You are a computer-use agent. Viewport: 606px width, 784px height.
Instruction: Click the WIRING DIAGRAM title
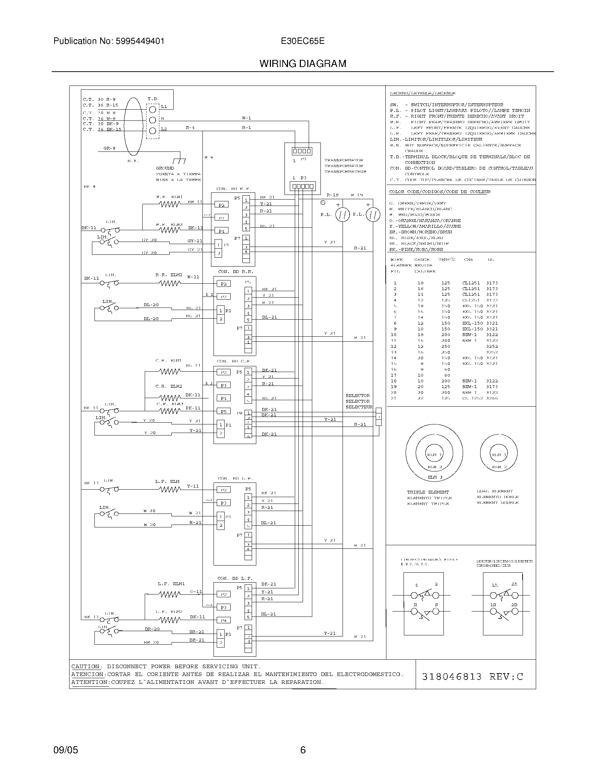tap(303, 64)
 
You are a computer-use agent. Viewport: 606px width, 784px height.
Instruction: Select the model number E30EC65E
tap(303, 41)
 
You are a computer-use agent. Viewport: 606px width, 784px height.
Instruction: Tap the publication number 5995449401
tap(140, 41)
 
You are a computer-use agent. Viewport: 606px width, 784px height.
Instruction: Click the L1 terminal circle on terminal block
tap(152, 109)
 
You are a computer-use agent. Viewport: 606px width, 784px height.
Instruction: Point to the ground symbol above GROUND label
tap(179, 161)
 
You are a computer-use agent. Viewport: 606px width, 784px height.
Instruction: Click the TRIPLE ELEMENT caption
tap(427, 492)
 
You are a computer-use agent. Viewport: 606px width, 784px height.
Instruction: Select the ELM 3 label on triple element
tap(435, 478)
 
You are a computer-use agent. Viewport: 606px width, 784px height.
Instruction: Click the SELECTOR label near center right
tap(358, 396)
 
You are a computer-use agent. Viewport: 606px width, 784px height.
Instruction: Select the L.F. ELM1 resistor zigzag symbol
tap(169, 595)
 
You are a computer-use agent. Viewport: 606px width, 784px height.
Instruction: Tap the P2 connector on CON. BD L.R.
tap(224, 490)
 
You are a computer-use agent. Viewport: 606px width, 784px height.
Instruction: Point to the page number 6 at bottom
tap(303, 750)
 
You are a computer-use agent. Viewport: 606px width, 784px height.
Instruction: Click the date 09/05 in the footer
tap(66, 750)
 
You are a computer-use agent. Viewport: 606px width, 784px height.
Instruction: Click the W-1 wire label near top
tap(246, 118)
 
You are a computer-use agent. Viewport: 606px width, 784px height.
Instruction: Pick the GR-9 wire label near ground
tap(109, 148)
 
